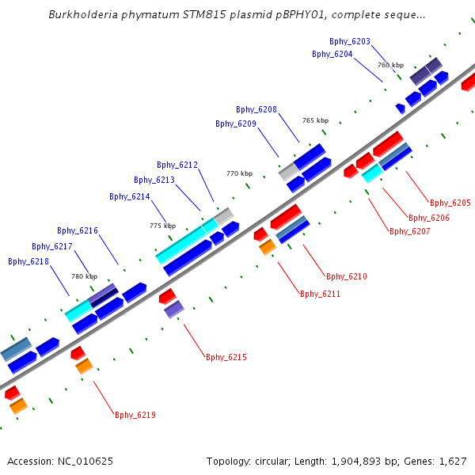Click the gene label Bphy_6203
350,40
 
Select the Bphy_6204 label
332,54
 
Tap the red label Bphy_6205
450,203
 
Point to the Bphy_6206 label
429,218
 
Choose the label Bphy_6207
410,231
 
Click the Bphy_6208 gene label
256,109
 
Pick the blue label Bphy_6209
236,123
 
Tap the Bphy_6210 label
347,276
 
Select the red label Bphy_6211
321,294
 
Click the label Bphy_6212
177,165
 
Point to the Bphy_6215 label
226,357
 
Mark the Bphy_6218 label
28,261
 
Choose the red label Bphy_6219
135,415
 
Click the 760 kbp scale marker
390,65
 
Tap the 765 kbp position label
315,120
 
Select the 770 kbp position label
239,173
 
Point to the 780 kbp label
84,276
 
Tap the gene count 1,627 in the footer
451,461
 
